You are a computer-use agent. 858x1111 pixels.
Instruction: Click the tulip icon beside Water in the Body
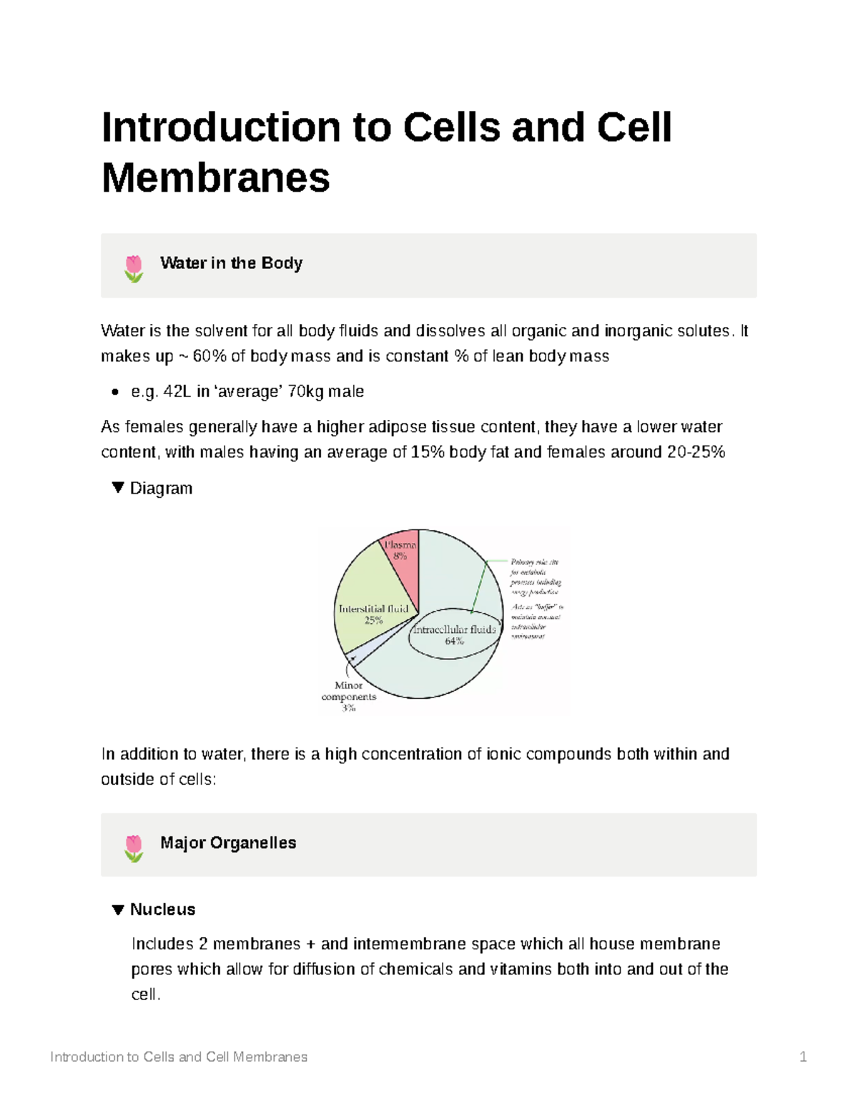[134, 268]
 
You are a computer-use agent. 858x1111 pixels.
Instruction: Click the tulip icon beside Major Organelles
[134, 847]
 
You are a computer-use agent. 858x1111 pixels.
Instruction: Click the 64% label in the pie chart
[454, 642]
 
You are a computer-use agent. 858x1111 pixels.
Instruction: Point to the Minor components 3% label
[349, 696]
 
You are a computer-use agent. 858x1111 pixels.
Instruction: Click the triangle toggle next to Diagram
[118, 488]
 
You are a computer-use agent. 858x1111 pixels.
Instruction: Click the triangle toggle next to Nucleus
[118, 909]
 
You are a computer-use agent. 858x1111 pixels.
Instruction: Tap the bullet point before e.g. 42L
[114, 392]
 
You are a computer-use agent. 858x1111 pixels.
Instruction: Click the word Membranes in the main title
[216, 177]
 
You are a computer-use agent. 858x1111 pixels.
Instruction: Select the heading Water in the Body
[231, 263]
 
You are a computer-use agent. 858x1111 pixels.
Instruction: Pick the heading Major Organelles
[228, 843]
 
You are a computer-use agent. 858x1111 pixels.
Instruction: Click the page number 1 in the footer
[803, 1057]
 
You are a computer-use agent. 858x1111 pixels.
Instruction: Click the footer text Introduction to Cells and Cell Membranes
[179, 1057]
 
